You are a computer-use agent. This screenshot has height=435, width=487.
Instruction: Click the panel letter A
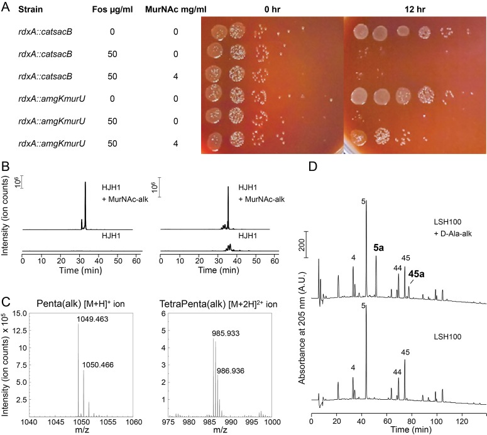(7, 9)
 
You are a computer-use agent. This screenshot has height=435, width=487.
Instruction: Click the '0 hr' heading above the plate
(272, 10)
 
